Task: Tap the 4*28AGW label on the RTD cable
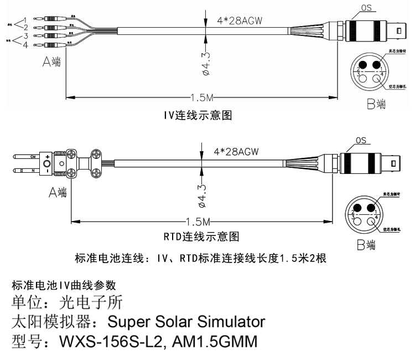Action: [x=236, y=151]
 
